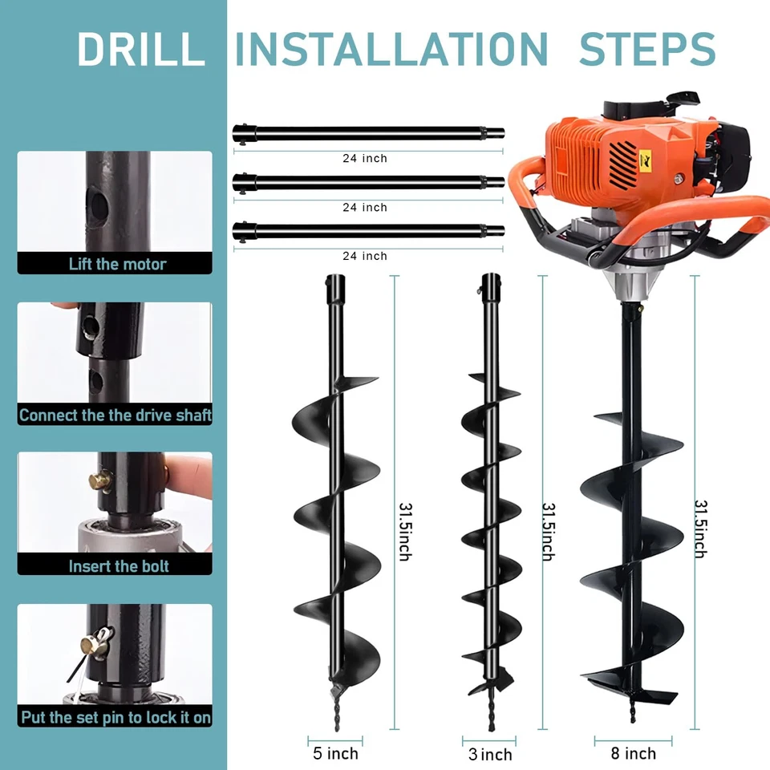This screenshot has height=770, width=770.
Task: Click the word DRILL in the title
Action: coord(140,49)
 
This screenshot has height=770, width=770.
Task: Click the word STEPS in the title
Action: coord(646,49)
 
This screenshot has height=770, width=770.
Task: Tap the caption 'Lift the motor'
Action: coord(117,264)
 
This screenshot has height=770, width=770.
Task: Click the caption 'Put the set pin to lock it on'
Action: coord(115,716)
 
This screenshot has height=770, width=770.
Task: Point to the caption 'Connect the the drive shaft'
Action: coord(115,415)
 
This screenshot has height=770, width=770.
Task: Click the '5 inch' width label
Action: coord(335,753)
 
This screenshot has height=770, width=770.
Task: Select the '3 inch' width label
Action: coord(490,754)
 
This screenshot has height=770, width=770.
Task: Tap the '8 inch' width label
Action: coord(633,753)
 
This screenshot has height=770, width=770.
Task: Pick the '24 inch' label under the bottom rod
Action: coord(365,256)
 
